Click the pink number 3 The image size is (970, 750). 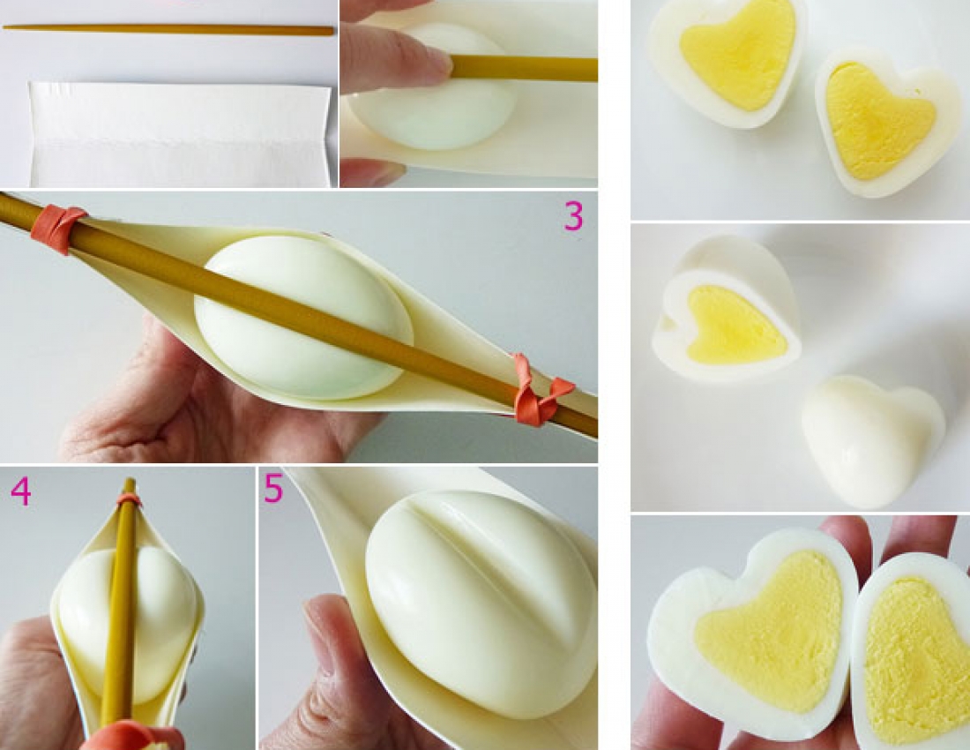[573, 216]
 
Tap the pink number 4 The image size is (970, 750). [20, 491]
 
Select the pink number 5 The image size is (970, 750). [272, 488]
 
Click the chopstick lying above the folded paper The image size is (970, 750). [168, 29]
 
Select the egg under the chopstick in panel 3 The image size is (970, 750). [303, 316]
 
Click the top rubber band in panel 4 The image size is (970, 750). [129, 499]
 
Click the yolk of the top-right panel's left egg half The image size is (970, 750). [737, 59]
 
